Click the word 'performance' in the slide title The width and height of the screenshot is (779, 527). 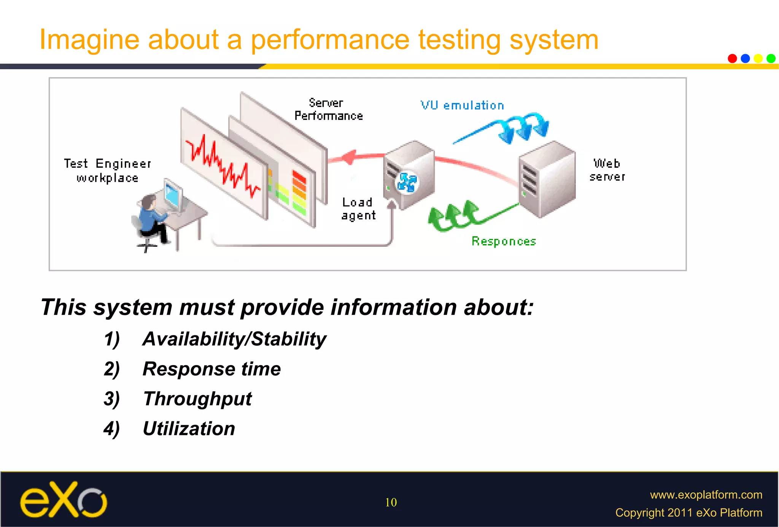coord(330,40)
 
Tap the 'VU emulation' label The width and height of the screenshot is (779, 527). coord(462,105)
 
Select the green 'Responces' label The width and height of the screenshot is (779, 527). coord(504,241)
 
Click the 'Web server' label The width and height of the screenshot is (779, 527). coord(607,170)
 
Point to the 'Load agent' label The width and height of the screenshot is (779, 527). coord(358,209)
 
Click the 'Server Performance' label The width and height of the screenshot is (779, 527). coord(328,110)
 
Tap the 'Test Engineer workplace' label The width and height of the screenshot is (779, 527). coord(107,171)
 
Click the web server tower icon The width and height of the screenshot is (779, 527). coord(547,179)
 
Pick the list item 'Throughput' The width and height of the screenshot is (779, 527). coord(197,399)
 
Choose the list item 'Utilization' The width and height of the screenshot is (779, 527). coord(189,429)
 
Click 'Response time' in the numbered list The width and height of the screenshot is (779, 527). coord(211,369)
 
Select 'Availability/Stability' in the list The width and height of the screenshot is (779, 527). coord(234,339)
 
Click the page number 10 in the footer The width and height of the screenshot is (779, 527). coord(391,502)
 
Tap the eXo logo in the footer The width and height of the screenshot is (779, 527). coord(64,500)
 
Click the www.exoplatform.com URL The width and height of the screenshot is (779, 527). coord(706,495)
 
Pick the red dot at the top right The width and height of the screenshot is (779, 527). coord(732,59)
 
